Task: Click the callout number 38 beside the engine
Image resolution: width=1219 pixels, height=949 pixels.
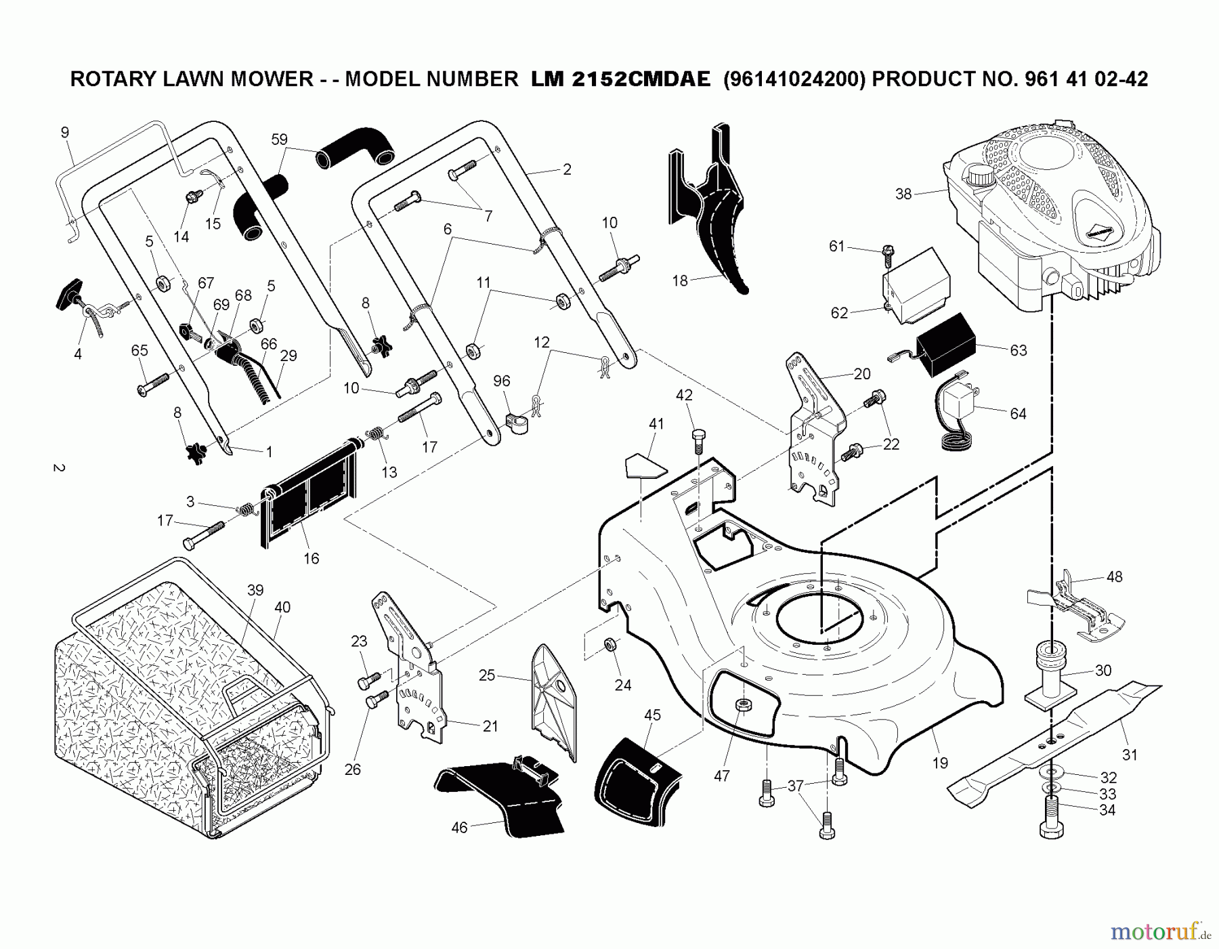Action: pos(903,194)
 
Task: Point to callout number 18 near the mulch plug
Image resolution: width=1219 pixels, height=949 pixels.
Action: pos(680,280)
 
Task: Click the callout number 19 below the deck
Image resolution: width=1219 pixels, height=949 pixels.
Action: pos(940,763)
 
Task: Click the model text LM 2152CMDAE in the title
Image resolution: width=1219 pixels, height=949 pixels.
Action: pos(620,79)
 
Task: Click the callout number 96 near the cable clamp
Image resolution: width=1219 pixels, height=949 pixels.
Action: pos(501,381)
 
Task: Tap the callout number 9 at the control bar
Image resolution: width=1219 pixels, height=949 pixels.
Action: pos(65,132)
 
